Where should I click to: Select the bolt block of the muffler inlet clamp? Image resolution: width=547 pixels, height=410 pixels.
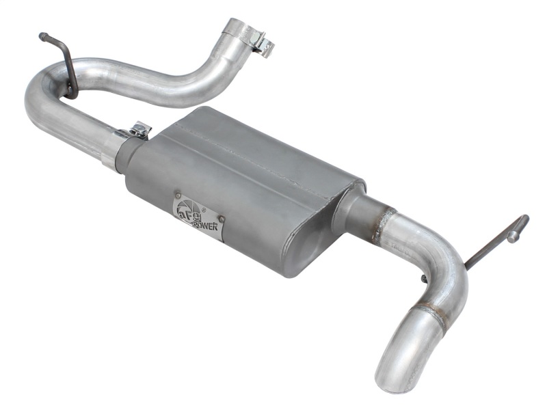140,130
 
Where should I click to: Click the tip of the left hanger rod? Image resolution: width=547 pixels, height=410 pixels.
42,36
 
